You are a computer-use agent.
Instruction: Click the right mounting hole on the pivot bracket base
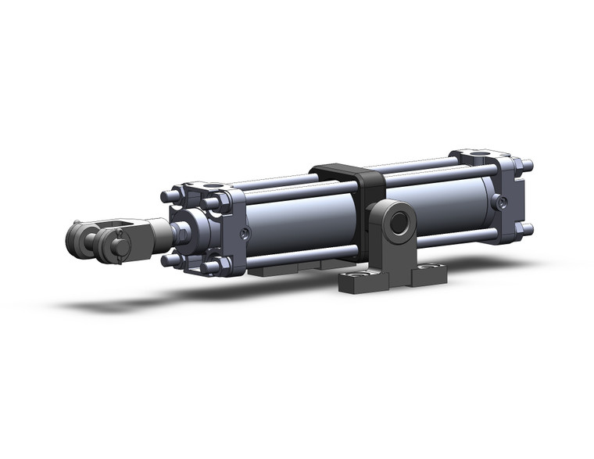tap(427, 268)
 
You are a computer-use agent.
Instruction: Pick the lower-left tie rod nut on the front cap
tap(168, 260)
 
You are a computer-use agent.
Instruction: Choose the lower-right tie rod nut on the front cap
tap(211, 268)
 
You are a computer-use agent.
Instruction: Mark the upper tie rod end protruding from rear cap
tap(528, 166)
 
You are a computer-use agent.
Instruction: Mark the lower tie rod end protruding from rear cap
tap(528, 229)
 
